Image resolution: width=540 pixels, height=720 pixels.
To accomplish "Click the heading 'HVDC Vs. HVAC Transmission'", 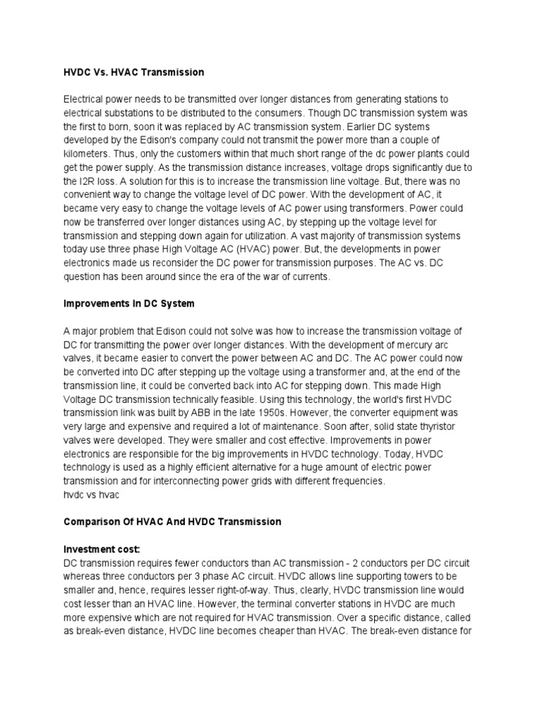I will click(134, 72).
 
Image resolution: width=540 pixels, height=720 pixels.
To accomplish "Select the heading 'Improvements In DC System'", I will click(128, 304).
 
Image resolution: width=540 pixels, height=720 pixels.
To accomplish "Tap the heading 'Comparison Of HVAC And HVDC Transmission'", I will click(172, 522).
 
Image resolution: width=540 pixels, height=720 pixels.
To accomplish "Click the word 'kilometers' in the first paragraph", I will click(86, 152).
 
